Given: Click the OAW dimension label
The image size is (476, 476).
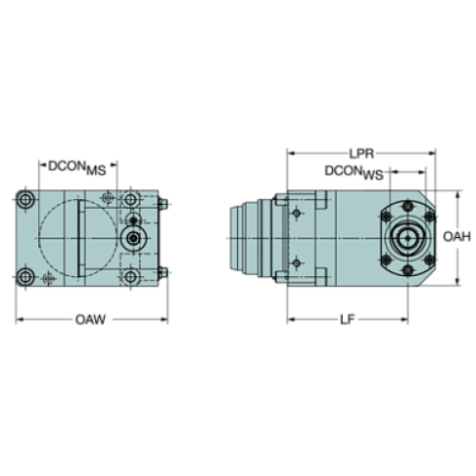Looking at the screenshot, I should pos(91,320).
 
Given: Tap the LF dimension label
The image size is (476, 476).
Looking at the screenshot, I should pos(347,320).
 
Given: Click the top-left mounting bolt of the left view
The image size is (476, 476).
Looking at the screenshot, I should pos(26,200).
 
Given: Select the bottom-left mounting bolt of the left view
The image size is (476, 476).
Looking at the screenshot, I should pos(26,278).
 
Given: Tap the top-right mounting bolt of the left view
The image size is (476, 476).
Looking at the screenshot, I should pos(131,200).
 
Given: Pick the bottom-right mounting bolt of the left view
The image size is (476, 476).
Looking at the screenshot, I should pos(131,278).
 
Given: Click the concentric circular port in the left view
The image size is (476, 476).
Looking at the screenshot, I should pos(131,236).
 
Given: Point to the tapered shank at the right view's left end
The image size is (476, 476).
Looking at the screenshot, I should pos(249,238).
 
